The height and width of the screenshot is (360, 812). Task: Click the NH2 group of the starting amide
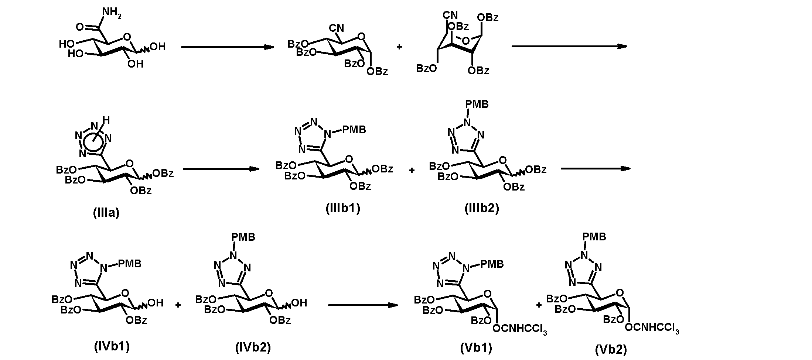click(x=112, y=13)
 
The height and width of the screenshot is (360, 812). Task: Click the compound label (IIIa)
click(x=106, y=213)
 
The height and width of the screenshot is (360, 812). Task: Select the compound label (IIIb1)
click(x=343, y=208)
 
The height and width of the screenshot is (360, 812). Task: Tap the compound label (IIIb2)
click(x=482, y=208)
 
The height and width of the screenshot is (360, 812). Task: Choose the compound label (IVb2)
click(x=253, y=347)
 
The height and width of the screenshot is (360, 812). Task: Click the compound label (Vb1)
click(x=476, y=347)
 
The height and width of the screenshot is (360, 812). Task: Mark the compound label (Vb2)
click(x=611, y=349)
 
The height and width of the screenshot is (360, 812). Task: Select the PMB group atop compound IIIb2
click(x=477, y=104)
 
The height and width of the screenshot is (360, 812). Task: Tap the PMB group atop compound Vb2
click(x=594, y=237)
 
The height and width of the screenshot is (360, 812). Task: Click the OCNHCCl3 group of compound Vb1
click(x=520, y=329)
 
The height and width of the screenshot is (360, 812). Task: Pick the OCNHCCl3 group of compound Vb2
click(x=652, y=328)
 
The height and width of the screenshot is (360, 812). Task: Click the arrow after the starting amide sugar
click(x=228, y=47)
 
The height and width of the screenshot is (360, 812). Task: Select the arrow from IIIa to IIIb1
click(x=221, y=169)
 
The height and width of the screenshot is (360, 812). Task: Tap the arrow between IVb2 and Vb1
click(x=363, y=305)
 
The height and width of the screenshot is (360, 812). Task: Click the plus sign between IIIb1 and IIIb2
click(x=412, y=170)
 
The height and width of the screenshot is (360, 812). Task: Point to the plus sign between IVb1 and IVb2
click(x=178, y=305)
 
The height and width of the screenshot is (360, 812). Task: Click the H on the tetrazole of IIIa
click(x=106, y=120)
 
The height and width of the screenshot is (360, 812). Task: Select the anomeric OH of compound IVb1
click(x=155, y=303)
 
